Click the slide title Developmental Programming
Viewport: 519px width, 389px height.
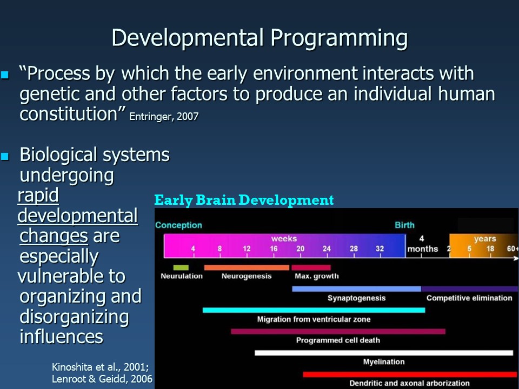pos(259,38)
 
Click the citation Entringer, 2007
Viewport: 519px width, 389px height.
pos(164,117)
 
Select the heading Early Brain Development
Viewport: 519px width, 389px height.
pos(244,200)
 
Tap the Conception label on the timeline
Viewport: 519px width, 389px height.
pos(178,225)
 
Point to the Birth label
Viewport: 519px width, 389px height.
pos(404,225)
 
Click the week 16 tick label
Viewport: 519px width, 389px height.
pos(274,249)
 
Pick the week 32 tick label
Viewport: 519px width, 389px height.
pos(380,249)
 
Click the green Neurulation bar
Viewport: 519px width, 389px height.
pos(181,267)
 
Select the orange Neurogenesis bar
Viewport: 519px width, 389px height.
pos(247,267)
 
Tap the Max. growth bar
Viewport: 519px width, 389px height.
pos(311,267)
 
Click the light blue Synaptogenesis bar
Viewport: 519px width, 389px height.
pos(356,289)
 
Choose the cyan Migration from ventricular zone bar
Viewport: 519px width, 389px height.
pos(314,310)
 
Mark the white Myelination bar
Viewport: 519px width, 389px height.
pos(384,353)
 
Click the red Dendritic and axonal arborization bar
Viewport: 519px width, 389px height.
pos(411,374)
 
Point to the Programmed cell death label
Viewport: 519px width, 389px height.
pos(338,340)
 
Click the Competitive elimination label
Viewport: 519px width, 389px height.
pos(469,298)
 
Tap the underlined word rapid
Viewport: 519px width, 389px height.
pos(38,196)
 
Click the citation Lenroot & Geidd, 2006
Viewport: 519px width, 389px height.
pos(102,379)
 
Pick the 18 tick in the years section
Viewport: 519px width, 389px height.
pos(490,249)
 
